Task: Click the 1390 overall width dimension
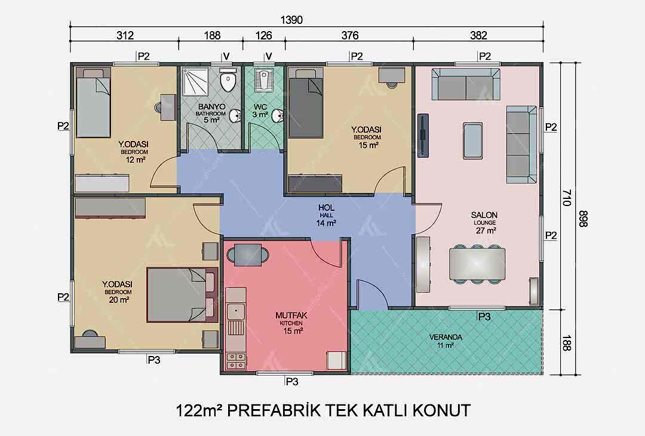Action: point(291,20)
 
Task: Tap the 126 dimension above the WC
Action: point(263,35)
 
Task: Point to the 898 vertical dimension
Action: point(582,219)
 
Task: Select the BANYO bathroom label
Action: point(211,113)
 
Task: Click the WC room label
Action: point(260,110)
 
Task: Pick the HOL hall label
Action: point(326,215)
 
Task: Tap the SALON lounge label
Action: point(484,223)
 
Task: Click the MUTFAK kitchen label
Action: point(291,323)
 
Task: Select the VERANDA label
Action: point(446,341)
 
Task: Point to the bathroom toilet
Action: point(228,80)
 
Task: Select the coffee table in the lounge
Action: point(473,140)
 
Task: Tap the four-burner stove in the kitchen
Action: point(236,361)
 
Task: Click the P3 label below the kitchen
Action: point(291,382)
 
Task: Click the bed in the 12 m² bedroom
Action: point(93,102)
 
